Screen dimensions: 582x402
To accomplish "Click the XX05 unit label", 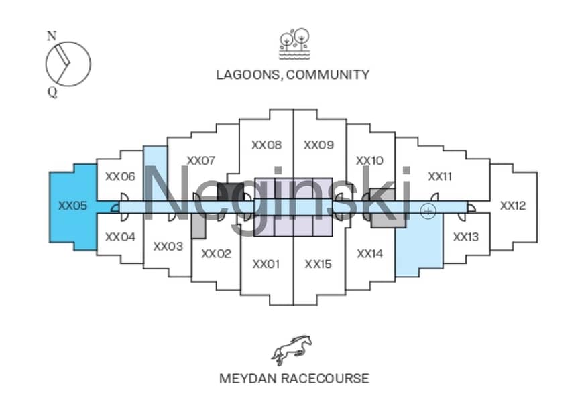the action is [72, 206].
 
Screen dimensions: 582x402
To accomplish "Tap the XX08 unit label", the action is [266, 145].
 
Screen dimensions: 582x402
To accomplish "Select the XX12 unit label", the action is [513, 206].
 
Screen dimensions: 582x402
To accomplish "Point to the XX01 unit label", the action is [266, 264].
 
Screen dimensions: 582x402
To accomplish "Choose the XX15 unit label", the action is [318, 264].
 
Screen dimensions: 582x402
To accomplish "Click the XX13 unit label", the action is [466, 237].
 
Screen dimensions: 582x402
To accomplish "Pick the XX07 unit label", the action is [200, 161].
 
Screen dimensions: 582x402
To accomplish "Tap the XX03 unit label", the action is [168, 247].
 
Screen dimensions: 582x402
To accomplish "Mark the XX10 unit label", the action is [369, 161].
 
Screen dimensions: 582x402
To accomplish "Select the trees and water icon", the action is [294, 44].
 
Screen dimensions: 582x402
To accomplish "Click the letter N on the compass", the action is [52, 36].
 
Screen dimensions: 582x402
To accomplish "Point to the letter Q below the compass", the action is [52, 92].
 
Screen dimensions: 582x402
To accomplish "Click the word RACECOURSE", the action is [325, 379].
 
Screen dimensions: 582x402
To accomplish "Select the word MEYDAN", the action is [248, 379].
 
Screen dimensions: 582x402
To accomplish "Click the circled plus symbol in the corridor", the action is [428, 211].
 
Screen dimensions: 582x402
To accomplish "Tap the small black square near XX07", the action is [230, 192].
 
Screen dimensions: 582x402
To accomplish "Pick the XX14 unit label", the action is [369, 254].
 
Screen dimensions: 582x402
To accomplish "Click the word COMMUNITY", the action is [328, 74].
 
